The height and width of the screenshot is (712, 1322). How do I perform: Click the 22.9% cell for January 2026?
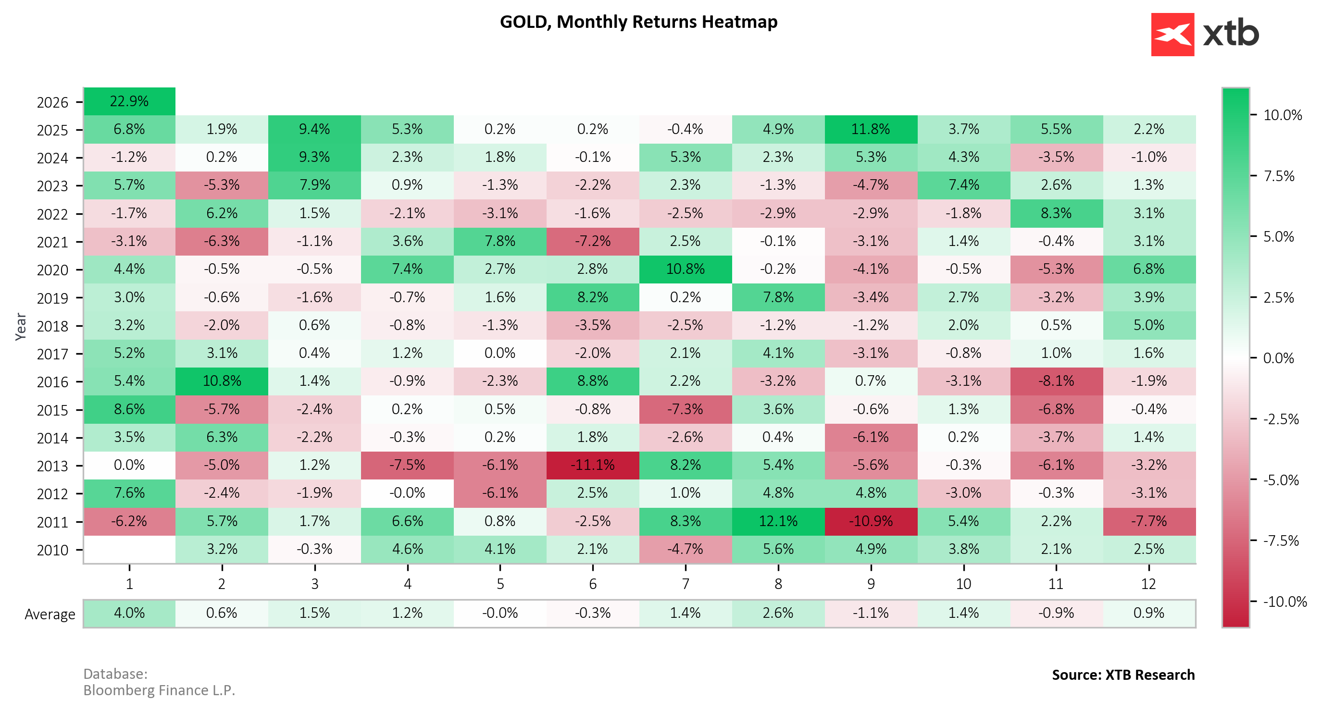coord(129,101)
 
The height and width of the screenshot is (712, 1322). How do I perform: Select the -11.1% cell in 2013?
coord(593,465)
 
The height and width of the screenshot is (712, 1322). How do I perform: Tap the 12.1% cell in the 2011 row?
coord(778,521)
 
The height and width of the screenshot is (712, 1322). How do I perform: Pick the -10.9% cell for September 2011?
coord(871,521)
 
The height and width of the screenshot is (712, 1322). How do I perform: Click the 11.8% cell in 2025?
coord(871,129)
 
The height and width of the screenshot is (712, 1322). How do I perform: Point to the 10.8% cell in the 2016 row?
coord(222,381)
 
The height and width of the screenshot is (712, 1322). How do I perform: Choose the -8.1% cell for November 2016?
coord(1056,381)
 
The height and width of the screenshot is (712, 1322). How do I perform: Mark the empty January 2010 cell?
coord(129,550)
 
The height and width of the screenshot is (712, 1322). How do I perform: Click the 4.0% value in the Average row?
coord(129,613)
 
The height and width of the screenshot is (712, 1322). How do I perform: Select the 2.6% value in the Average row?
coord(778,613)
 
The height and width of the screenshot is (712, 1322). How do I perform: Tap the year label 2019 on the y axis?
coord(52,298)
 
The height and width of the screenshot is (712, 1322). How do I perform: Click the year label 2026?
coord(52,103)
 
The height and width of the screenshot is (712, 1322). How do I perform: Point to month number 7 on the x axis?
coord(686,584)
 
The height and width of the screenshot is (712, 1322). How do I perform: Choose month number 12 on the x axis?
coord(1148,584)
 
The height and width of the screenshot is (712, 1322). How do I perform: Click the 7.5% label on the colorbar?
coord(1279,176)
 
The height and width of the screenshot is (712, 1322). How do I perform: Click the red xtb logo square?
coord(1172,35)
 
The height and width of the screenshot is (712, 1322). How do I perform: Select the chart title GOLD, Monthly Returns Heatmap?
coord(638,22)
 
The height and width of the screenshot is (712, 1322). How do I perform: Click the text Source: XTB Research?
coord(1123,675)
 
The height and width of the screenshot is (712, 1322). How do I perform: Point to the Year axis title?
coord(21,327)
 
